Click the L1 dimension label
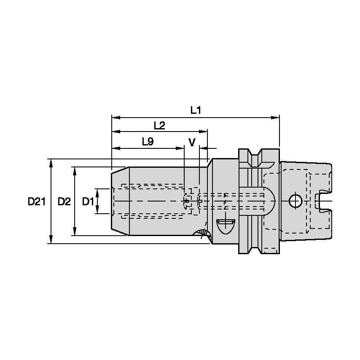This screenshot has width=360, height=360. point(195,110)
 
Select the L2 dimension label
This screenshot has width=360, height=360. point(159,125)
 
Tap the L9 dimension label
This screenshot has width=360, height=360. point(147,142)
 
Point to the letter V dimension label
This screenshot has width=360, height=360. point(192,142)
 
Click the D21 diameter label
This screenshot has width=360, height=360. point(37,201)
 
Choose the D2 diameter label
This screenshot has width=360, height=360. point(64,201)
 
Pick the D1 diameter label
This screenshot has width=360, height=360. point(88,201)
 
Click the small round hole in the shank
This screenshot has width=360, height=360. point(295,201)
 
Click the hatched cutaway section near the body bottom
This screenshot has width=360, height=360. point(203,233)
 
